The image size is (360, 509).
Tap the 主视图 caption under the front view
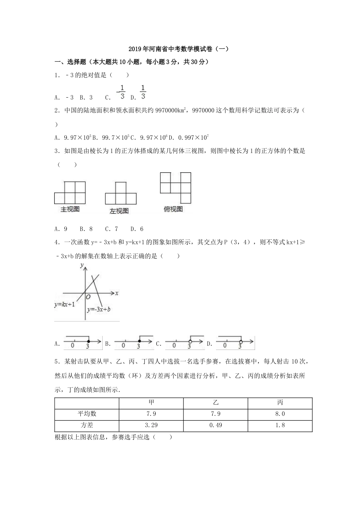pyautogui.click(x=70, y=209)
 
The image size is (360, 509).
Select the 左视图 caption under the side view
pyautogui.click(x=119, y=211)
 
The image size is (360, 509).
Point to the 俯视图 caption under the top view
pyautogui.click(x=173, y=209)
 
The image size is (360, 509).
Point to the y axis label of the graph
pyautogui.click(x=82, y=266)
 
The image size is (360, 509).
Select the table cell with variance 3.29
pyautogui.click(x=151, y=425)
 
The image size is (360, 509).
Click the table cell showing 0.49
pyautogui.click(x=216, y=425)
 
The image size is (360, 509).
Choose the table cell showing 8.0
pyautogui.click(x=280, y=414)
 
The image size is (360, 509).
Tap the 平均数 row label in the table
pyautogui.click(x=87, y=414)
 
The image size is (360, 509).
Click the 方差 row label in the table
pyautogui.click(x=87, y=425)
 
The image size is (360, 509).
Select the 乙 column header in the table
pyautogui.click(x=216, y=403)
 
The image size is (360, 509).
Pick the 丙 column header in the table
pyautogui.click(x=280, y=403)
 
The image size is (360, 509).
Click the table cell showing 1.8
pyautogui.click(x=280, y=425)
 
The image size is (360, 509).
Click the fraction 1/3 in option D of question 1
pyautogui.click(x=143, y=92)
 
